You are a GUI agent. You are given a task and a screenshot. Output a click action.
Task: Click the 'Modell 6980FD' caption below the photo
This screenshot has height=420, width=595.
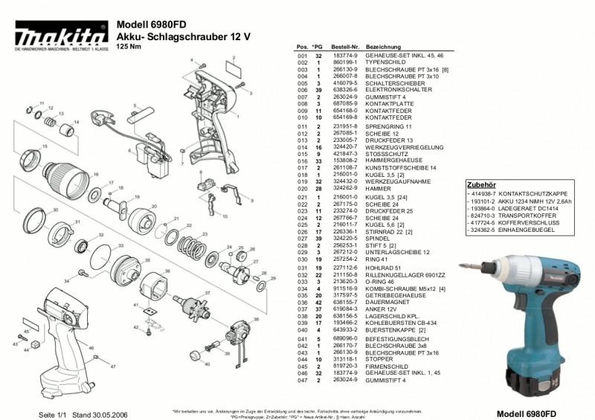pyautogui.click(x=527, y=413)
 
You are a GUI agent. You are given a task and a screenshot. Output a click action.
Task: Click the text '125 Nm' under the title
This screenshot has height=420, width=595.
pyautogui.click(x=128, y=46)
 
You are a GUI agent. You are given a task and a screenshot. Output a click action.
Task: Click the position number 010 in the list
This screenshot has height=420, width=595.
pyautogui.click(x=302, y=117)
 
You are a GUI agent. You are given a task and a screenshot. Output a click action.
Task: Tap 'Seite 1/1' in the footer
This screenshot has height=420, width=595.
pyautogui.click(x=53, y=413)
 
